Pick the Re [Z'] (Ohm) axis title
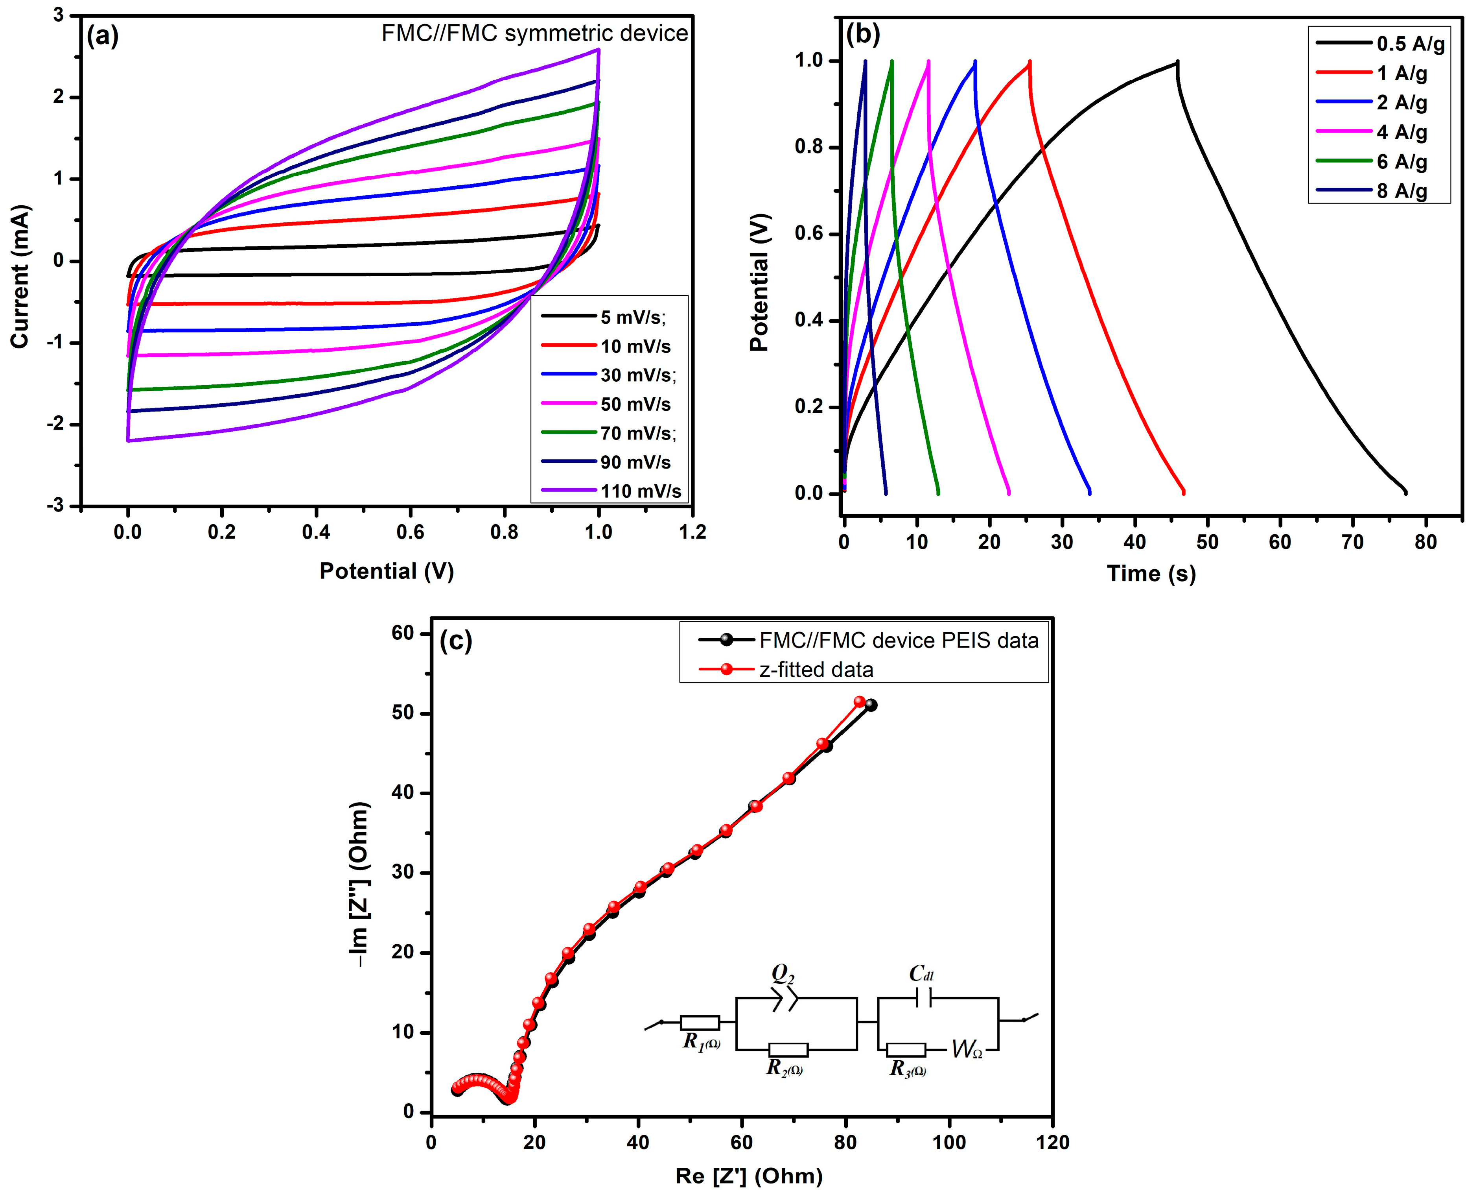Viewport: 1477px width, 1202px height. pyautogui.click(x=748, y=1176)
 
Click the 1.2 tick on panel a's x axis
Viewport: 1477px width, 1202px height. pyautogui.click(x=692, y=532)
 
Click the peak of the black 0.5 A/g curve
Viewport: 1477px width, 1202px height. pyautogui.click(x=1177, y=62)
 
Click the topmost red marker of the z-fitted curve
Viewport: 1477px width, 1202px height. pyautogui.click(x=860, y=702)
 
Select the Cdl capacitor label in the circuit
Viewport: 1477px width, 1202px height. pyautogui.click(x=921, y=974)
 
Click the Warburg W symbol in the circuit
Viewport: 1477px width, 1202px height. pyautogui.click(x=966, y=1050)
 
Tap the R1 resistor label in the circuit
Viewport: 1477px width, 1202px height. pyautogui.click(x=700, y=1041)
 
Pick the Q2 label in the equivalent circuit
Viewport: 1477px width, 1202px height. pyautogui.click(x=783, y=974)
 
